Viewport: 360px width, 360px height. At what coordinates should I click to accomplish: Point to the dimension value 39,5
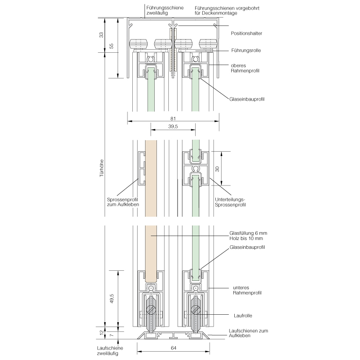[x=173, y=127]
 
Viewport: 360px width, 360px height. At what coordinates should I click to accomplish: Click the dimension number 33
[x=101, y=35]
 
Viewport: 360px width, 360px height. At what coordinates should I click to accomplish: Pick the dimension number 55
[x=112, y=46]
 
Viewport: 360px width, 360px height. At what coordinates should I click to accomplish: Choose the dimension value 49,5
[x=112, y=298]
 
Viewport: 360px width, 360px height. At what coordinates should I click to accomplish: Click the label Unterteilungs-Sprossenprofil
[x=230, y=202]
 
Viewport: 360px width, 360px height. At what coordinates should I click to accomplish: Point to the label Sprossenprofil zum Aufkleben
[x=120, y=202]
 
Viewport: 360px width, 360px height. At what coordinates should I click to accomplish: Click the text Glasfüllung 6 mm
[x=248, y=233]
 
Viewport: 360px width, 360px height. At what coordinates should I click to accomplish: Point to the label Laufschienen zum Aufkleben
[x=248, y=333]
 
